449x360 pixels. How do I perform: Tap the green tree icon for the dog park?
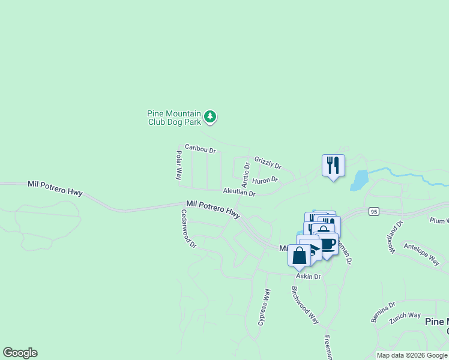(x=209, y=116)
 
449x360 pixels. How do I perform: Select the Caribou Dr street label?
(x=200, y=147)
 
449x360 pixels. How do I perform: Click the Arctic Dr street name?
(x=246, y=173)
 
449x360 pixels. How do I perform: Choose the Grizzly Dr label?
(x=267, y=162)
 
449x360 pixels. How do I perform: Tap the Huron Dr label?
(x=265, y=180)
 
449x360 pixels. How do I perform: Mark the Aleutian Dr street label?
(x=239, y=193)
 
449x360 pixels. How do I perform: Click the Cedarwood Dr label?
(x=188, y=228)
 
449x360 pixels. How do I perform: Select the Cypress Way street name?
(x=265, y=307)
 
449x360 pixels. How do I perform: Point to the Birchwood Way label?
(x=305, y=305)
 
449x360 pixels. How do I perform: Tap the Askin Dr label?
(x=308, y=277)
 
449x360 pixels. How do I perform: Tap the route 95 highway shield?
(x=374, y=211)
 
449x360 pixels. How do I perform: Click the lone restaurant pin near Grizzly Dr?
(x=333, y=164)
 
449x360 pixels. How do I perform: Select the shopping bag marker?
(x=299, y=256)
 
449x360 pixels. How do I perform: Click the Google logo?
(x=20, y=353)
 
